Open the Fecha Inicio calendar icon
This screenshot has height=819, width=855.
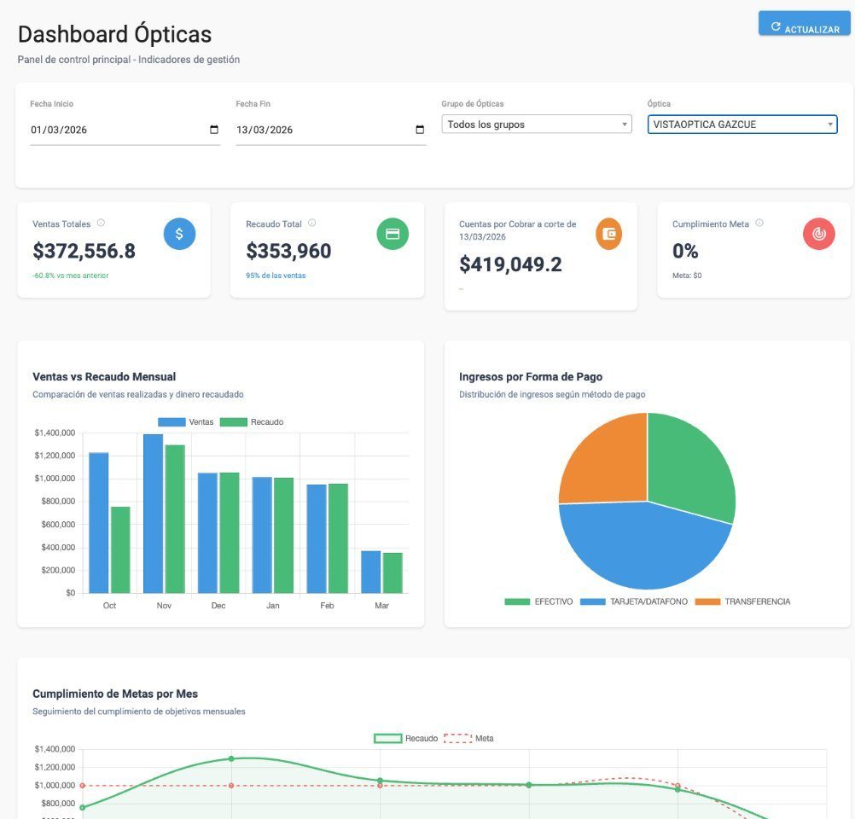pos(214,130)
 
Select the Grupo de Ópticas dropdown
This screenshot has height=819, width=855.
pos(537,125)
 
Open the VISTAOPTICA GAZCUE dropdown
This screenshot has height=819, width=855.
pos(742,125)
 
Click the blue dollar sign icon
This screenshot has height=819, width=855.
pos(179,234)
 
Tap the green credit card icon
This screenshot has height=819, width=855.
pos(393,234)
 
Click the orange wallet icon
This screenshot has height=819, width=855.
pos(608,234)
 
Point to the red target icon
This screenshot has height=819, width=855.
pos(818,234)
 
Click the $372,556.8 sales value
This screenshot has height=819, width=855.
pos(84,251)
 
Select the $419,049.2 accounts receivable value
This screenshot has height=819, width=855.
pos(510,264)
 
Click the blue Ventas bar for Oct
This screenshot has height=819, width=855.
pos(99,522)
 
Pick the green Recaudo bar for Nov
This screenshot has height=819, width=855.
pos(175,518)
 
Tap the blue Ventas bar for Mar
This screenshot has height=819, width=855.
pos(370,572)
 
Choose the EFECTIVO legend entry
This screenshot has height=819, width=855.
pos(539,601)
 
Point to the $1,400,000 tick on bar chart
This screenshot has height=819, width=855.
pos(55,433)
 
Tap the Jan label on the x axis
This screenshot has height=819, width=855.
pos(272,606)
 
